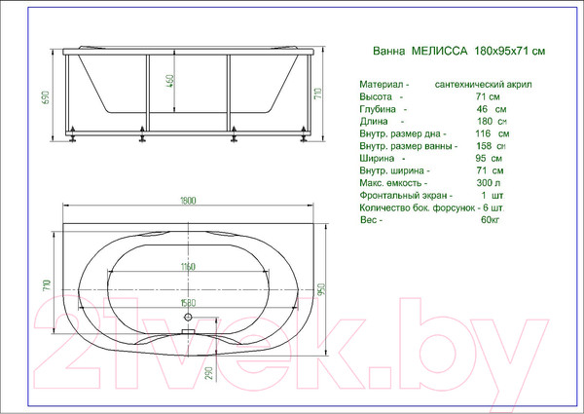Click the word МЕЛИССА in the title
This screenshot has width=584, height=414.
[x=439, y=51]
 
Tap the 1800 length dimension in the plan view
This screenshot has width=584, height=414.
[x=188, y=201]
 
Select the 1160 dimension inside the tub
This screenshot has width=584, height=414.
[x=188, y=267]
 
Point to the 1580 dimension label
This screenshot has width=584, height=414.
[x=188, y=303]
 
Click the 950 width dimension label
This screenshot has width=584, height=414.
[x=322, y=289]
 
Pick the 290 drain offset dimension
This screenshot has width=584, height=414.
[x=208, y=373]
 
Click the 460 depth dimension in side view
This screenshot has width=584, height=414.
[x=169, y=81]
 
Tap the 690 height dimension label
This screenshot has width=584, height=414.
[x=46, y=97]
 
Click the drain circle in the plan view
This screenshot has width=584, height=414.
[x=188, y=318]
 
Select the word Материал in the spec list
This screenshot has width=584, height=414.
[x=382, y=85]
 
